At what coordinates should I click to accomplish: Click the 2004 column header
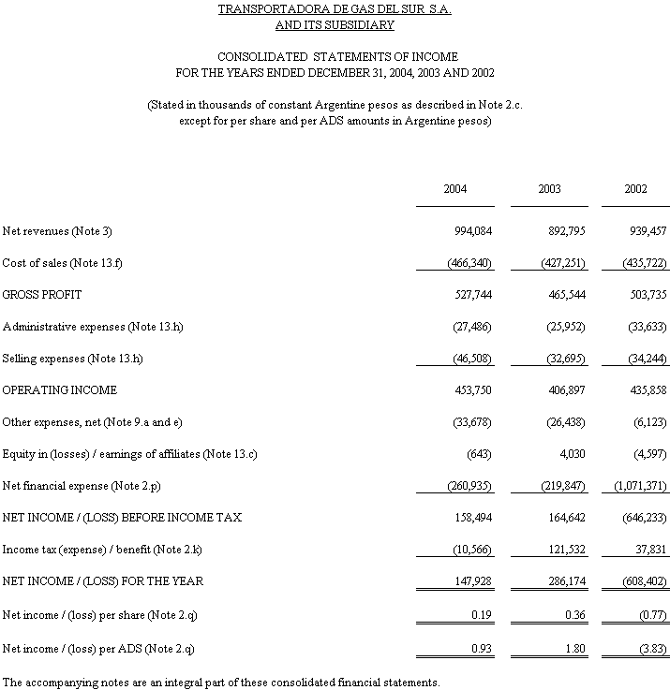tap(455, 189)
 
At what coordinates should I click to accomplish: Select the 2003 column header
tap(549, 189)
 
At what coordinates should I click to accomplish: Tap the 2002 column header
tap(635, 189)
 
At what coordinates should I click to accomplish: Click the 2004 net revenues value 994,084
tap(472, 231)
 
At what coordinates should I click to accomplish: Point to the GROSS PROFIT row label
tap(42, 295)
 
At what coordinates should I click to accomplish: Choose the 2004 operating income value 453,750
tap(472, 390)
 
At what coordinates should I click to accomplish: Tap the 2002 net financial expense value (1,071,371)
tap(640, 486)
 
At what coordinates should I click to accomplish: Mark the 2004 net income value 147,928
tap(472, 581)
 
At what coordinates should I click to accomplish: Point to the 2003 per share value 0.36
tap(574, 613)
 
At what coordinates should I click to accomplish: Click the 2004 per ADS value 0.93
tap(480, 645)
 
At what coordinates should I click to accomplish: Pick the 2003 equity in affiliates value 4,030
tap(573, 454)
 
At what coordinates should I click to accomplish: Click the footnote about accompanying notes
tap(220, 681)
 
